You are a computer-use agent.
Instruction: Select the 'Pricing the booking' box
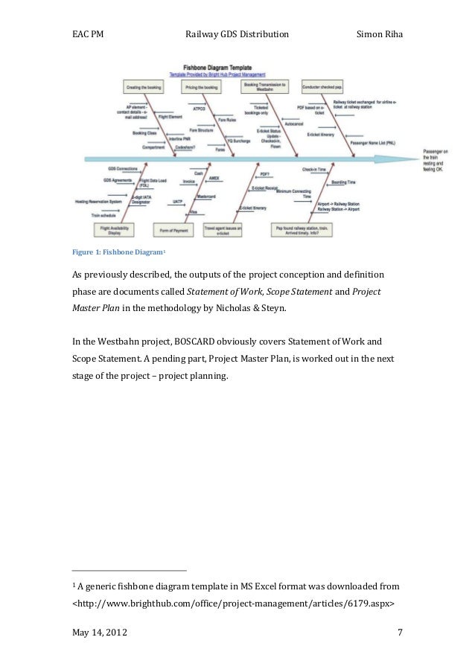(x=200, y=88)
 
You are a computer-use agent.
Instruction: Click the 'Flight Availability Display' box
(x=109, y=228)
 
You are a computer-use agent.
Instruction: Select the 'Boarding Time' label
(x=343, y=182)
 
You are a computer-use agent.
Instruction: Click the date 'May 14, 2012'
(x=98, y=633)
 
